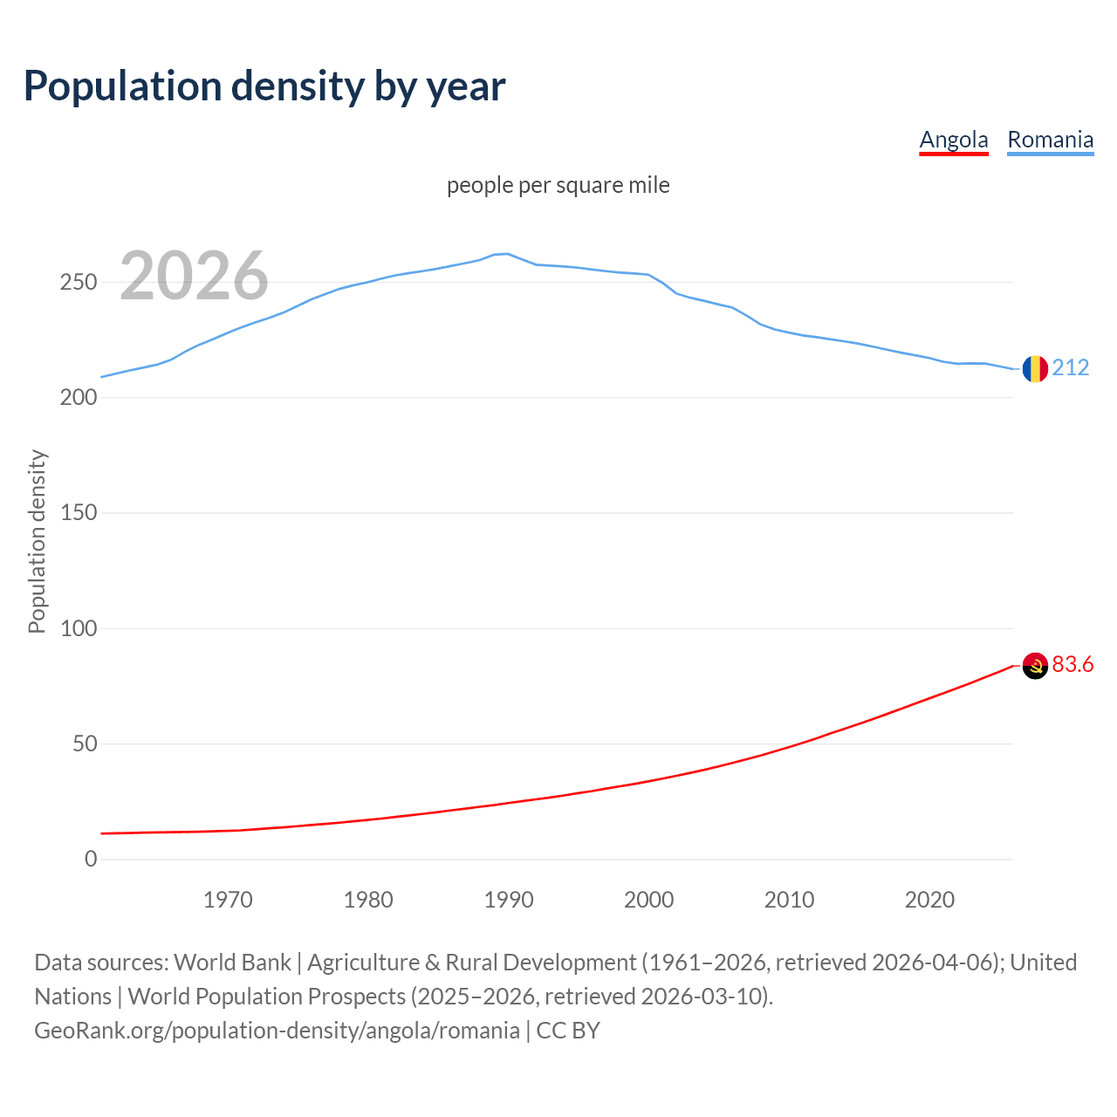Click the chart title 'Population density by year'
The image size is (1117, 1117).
tap(264, 86)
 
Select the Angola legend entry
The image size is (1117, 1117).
tap(954, 140)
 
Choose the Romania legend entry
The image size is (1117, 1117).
tap(1050, 140)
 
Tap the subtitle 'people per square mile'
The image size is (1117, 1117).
tap(558, 185)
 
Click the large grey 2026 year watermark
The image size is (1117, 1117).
tap(194, 276)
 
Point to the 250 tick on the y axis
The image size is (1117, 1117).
tap(78, 282)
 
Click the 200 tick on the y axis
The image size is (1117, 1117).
tap(78, 397)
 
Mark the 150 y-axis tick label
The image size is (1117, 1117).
tap(78, 513)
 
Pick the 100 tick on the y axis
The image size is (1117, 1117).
tap(78, 628)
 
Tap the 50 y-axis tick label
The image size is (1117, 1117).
tap(84, 744)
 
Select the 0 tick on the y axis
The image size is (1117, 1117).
tap(91, 859)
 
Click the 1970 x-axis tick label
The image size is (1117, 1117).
tap(228, 900)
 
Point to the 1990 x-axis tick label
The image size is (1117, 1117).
tap(509, 900)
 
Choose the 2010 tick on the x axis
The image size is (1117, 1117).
tap(789, 900)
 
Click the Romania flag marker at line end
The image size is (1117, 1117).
tap(1035, 368)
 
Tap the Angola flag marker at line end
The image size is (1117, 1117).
tap(1035, 666)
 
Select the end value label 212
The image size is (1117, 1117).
tap(1071, 367)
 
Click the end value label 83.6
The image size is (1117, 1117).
tap(1072, 665)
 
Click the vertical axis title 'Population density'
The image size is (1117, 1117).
tap(37, 541)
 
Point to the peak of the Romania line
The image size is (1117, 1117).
tap(508, 254)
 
